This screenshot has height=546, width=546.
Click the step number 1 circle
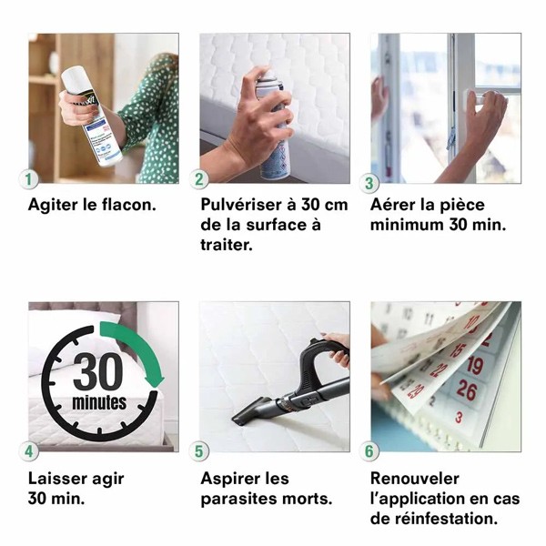tap(31, 179)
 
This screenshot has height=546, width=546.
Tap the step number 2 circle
tap(201, 179)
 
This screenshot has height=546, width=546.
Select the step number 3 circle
tap(371, 179)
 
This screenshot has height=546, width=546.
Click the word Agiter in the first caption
tap(53, 205)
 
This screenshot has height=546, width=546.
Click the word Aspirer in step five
tap(231, 479)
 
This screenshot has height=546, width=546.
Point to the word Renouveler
tap(415, 479)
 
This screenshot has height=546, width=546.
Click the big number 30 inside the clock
tap(97, 372)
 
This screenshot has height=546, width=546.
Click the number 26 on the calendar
tap(466, 390)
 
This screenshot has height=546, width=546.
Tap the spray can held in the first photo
tap(94, 114)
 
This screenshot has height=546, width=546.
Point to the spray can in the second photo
tap(272, 127)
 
